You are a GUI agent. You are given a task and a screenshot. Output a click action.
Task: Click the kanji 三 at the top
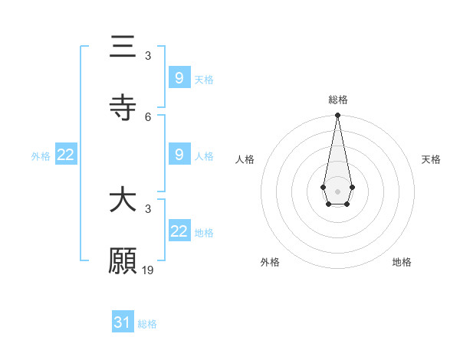click(123, 47)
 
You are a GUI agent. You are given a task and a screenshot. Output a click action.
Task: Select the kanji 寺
click(123, 106)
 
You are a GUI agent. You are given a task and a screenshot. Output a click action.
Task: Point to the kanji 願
click(123, 260)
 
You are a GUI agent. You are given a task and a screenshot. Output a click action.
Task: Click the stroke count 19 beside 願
click(149, 270)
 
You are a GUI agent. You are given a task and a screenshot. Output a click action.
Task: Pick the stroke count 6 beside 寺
click(148, 116)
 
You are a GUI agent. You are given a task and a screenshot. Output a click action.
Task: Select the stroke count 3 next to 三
click(148, 56)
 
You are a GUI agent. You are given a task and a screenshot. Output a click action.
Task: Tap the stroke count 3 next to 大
click(148, 208)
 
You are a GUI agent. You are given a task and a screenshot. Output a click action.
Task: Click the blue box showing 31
click(123, 322)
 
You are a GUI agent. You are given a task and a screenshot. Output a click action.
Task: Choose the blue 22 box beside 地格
click(179, 231)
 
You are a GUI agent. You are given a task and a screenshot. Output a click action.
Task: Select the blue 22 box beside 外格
click(66, 155)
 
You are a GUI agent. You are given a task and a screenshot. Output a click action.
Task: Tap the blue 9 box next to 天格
click(179, 78)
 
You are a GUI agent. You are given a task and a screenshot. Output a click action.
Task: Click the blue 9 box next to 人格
click(179, 155)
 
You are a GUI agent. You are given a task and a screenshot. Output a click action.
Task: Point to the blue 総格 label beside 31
click(147, 324)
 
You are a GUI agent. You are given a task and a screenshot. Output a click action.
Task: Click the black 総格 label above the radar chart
click(338, 100)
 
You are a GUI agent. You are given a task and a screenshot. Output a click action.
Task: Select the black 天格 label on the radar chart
click(431, 159)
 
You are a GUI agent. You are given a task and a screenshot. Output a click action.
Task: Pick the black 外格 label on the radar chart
click(270, 262)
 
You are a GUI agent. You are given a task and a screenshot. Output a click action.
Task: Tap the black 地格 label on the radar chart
click(402, 262)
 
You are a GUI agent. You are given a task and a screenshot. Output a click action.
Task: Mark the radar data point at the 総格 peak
click(337, 115)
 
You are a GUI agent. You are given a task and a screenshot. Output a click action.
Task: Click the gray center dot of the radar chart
click(337, 190)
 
